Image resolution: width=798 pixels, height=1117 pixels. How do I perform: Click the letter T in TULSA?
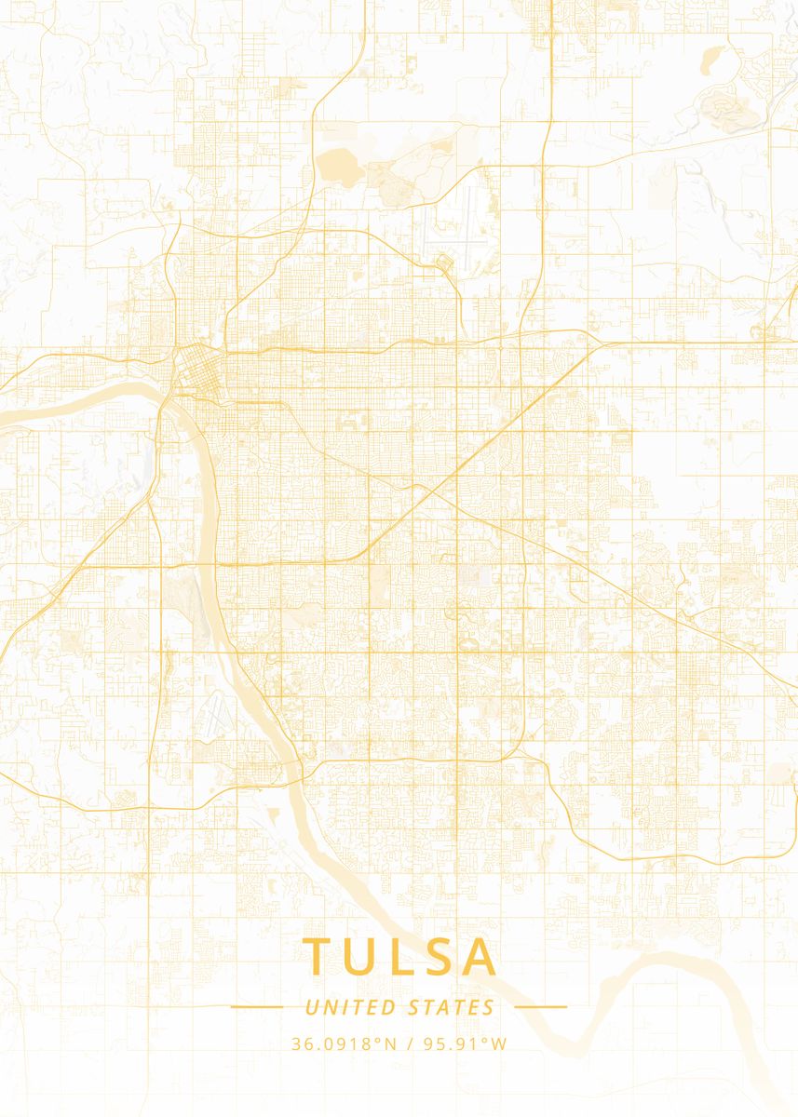pos(318,956)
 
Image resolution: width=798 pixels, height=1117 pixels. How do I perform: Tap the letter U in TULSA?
pos(362,956)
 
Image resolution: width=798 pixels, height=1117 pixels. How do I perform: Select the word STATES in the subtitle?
pos(452,1007)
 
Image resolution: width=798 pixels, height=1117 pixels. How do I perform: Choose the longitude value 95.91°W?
pos(466,1043)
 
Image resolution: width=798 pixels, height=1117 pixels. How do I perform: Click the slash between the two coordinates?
pos(410,1043)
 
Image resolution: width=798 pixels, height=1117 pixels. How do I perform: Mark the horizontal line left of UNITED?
pos(257,1006)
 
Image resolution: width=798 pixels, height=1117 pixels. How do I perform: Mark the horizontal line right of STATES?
pos(540,1006)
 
